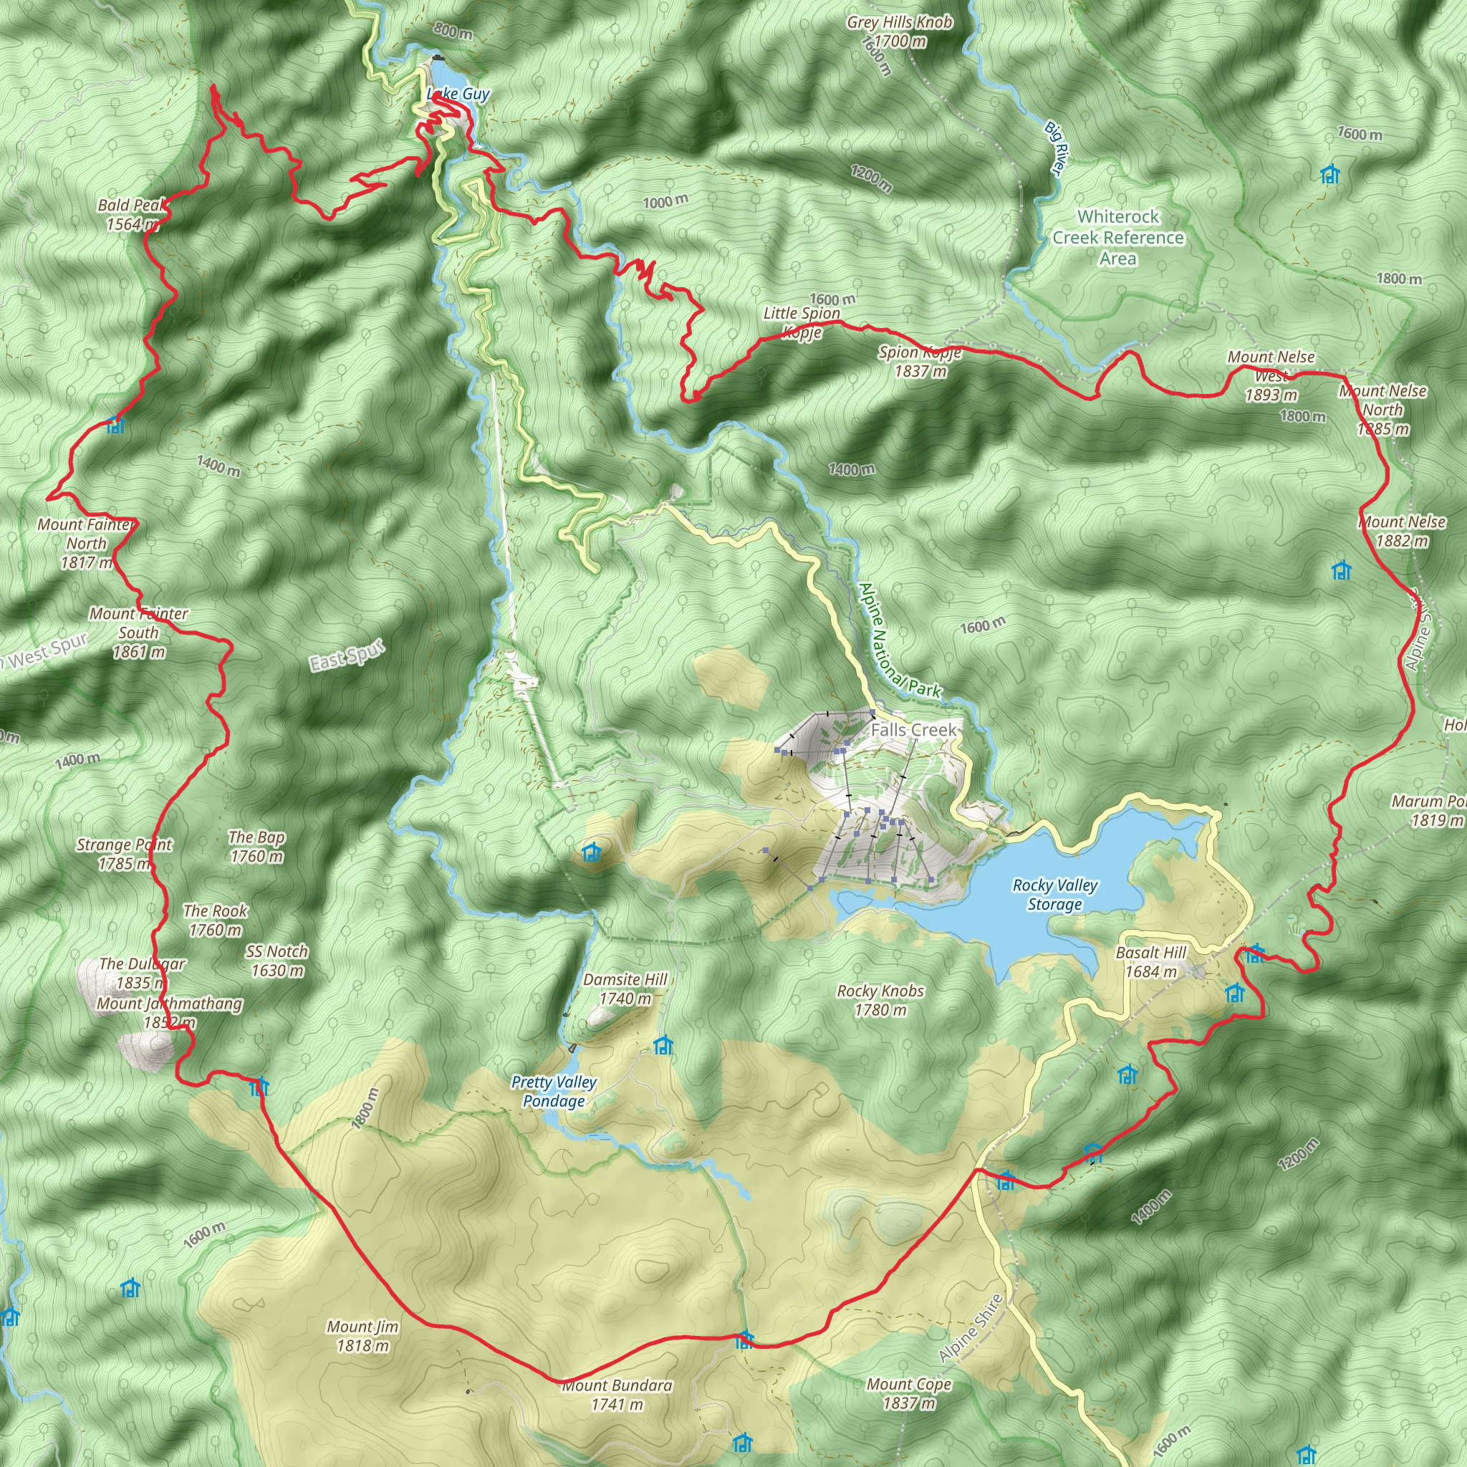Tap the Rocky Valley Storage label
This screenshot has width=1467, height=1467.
coord(1054,895)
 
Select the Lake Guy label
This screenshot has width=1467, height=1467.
coord(458,94)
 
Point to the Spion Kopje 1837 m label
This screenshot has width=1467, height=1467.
coord(920,362)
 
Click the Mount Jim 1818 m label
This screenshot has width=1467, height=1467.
coord(362,1336)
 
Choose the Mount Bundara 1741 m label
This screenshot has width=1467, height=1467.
coord(617,1395)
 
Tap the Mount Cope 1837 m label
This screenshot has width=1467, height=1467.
coord(909,1393)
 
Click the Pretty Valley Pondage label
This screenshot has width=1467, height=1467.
coord(554,1091)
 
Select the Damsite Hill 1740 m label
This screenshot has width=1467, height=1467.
coord(625,989)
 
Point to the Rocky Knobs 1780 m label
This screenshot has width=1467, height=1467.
coord(880,1000)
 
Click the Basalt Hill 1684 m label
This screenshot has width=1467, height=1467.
coord(1150,961)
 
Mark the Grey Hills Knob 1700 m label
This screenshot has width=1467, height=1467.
coord(900,31)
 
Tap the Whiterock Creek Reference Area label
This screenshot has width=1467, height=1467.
coord(1117,238)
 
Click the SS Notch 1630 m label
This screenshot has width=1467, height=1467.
coord(277,961)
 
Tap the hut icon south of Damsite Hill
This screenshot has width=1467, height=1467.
coord(663,1046)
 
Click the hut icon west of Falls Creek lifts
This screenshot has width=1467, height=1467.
coord(592,852)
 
